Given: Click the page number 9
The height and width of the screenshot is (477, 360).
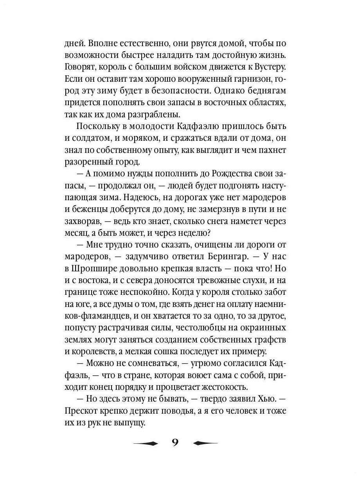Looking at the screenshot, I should tap(175, 443).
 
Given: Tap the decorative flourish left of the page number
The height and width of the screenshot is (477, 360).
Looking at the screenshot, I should tap(145, 443).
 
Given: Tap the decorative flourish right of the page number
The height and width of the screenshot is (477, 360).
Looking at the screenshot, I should tap(205, 443).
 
